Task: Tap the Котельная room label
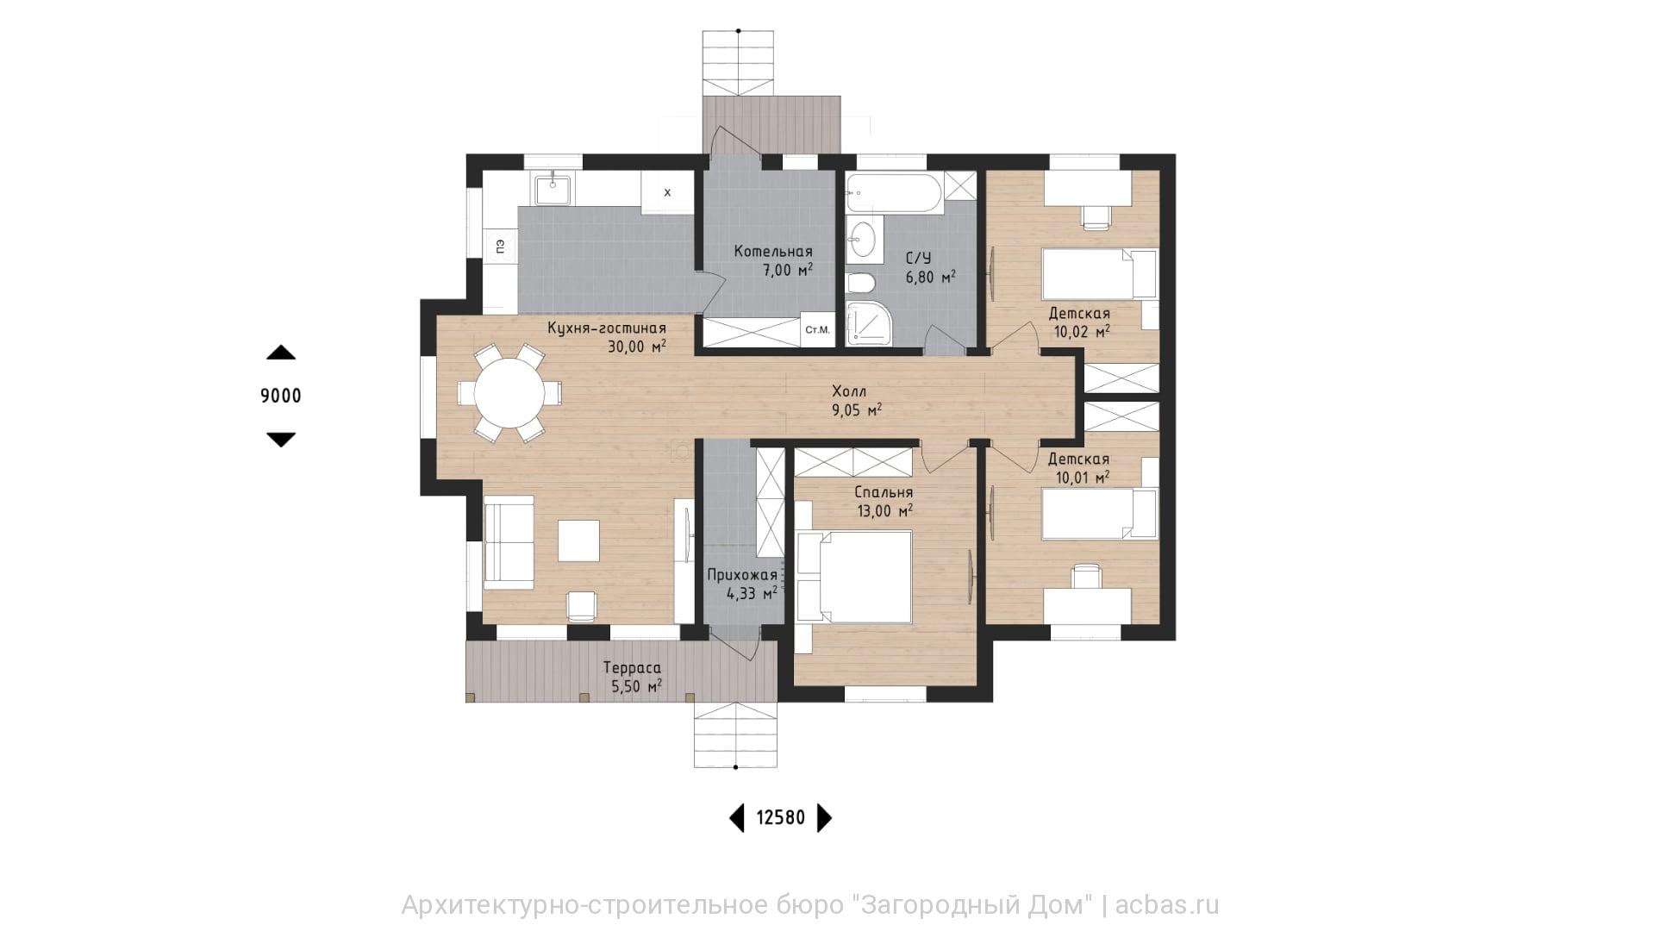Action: (773, 252)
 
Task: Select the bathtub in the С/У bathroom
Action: (894, 193)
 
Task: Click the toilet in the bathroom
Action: (861, 283)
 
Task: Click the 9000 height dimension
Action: (281, 396)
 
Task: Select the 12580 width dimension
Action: (781, 817)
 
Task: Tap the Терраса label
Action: (632, 668)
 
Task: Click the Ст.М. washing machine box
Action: (817, 330)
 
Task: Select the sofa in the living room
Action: (509, 542)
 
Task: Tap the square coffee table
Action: (578, 540)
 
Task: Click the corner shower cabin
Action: (869, 324)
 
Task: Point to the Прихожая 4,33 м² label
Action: (742, 584)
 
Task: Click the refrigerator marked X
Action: (666, 192)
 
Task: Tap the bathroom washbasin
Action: (865, 240)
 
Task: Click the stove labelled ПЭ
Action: (499, 247)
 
